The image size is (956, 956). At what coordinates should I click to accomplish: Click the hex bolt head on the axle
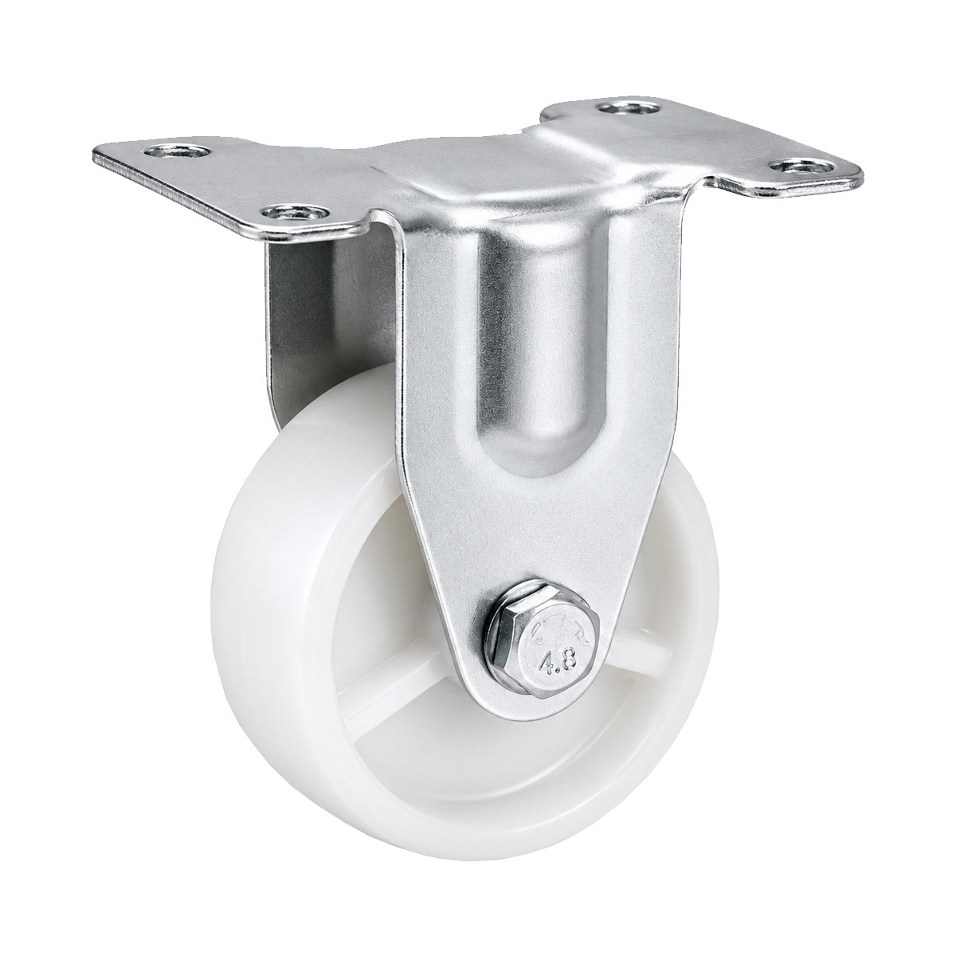550,648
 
